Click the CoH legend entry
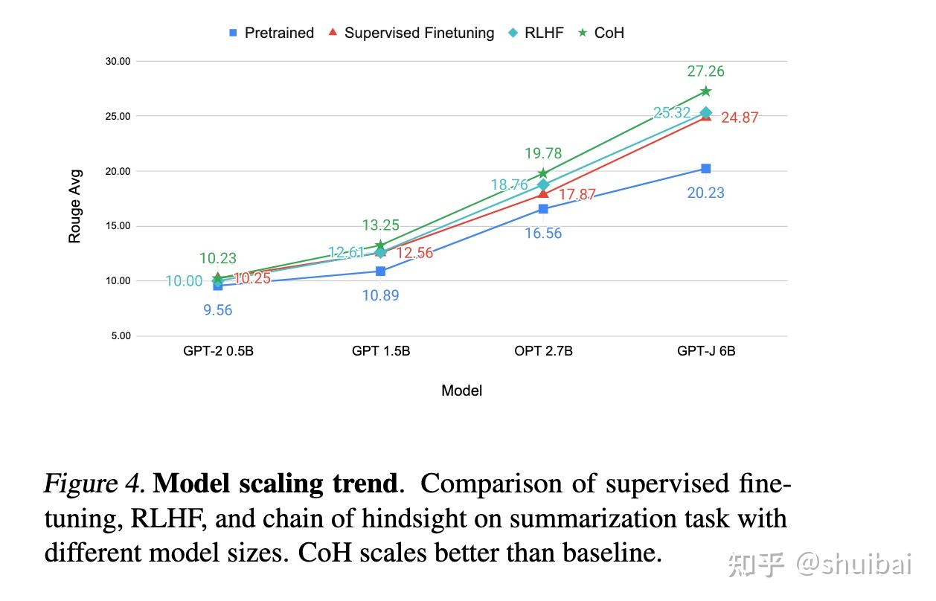(x=601, y=33)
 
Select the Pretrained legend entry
(x=272, y=33)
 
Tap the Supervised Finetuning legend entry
(x=411, y=33)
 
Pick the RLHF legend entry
(x=536, y=33)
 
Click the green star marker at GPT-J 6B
(x=706, y=91)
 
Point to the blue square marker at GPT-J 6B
(x=706, y=169)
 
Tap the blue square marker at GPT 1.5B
(x=381, y=271)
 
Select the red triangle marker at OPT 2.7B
(x=543, y=194)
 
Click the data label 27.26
(x=706, y=71)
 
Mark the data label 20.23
(x=706, y=193)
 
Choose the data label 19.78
(x=543, y=153)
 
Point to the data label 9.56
(x=218, y=310)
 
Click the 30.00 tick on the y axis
(x=117, y=62)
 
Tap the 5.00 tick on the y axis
(x=121, y=336)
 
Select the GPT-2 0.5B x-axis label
(x=218, y=351)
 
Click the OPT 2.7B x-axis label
(x=543, y=351)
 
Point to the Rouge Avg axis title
(x=75, y=206)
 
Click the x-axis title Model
(x=461, y=391)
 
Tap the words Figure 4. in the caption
(x=94, y=484)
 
